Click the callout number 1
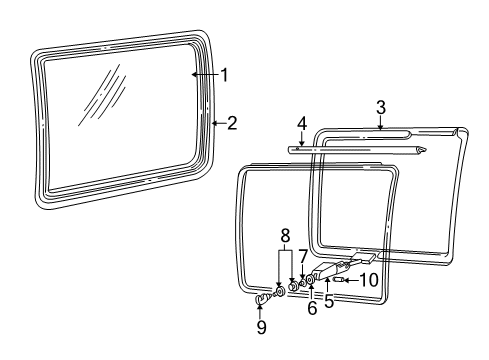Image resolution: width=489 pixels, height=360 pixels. (x=225, y=74)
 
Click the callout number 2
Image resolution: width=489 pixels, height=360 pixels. (x=232, y=123)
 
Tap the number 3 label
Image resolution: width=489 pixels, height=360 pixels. (x=381, y=106)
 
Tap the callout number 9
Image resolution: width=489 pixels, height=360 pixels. (x=261, y=326)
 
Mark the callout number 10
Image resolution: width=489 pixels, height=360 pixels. (x=370, y=280)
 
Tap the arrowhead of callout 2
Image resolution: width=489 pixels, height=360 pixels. (x=212, y=123)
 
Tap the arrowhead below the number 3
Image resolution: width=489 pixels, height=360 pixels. (x=381, y=129)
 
